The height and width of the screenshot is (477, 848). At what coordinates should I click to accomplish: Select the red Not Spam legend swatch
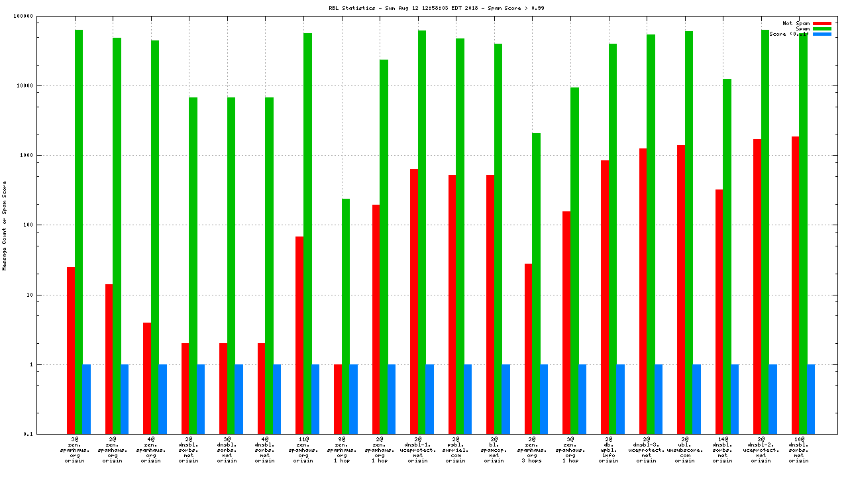[x=821, y=23]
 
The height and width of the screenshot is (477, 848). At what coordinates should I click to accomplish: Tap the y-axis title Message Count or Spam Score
[x=5, y=226]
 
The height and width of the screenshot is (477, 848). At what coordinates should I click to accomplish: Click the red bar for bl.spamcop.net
[x=490, y=304]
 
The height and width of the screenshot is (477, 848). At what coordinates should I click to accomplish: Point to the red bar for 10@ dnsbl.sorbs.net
[x=795, y=285]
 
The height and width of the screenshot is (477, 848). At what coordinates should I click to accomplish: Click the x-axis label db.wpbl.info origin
[x=609, y=450]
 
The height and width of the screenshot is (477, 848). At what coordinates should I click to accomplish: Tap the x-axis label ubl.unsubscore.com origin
[x=685, y=450]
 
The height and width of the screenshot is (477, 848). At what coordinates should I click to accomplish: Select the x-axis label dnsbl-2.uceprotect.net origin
[x=761, y=450]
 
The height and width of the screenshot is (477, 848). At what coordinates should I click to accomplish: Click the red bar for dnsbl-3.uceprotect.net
[x=643, y=291]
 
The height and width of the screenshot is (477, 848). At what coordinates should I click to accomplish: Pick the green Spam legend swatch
[x=821, y=28]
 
